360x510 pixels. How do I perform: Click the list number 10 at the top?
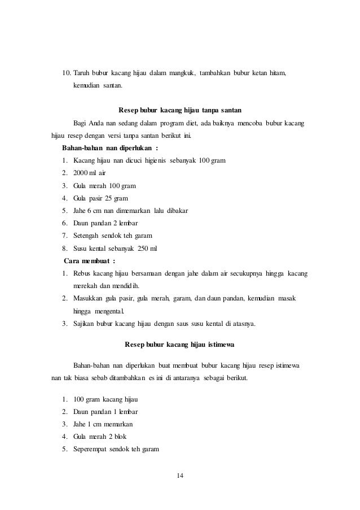click(x=65, y=73)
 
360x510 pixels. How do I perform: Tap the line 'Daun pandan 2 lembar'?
click(x=105, y=223)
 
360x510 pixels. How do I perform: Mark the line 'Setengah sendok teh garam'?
click(x=113, y=236)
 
